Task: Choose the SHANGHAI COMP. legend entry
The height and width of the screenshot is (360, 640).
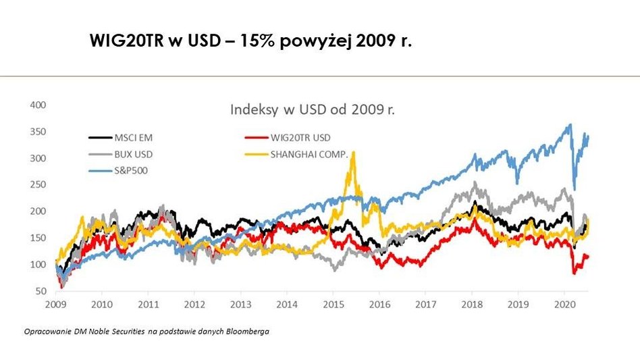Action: (309, 154)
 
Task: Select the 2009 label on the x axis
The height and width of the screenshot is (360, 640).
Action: (55, 304)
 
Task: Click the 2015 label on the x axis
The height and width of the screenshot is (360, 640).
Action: (333, 304)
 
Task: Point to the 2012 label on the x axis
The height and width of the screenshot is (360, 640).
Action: (194, 304)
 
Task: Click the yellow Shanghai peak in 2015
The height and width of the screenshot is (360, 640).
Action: (353, 153)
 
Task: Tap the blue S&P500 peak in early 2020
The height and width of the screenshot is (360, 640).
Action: (570, 125)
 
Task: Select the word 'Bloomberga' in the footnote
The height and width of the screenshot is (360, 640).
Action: (250, 332)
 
